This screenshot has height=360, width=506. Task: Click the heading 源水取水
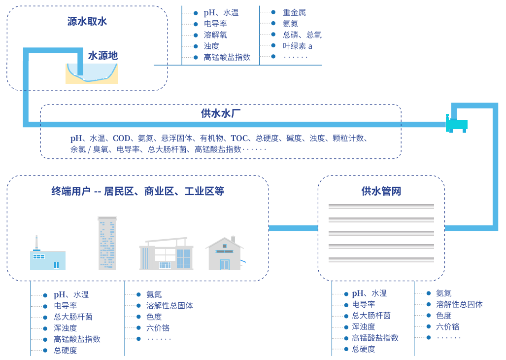87,21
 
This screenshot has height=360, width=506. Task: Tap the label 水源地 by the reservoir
103,56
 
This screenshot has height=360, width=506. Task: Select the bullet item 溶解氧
215,35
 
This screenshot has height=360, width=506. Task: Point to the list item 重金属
294,12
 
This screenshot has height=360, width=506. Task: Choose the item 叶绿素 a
298,46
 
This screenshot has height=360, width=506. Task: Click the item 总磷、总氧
302,35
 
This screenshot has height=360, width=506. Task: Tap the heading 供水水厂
221,113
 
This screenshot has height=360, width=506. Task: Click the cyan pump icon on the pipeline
457,124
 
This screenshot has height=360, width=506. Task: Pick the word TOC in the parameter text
239,138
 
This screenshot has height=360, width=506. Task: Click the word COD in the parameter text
121,138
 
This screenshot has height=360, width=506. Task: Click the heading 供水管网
381,191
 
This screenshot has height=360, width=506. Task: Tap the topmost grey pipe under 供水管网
381,207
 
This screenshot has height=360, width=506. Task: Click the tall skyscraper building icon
107,243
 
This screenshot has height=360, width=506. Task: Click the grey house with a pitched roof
225,254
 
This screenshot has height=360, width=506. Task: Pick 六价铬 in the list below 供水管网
447,326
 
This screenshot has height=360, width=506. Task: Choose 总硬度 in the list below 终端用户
66,350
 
